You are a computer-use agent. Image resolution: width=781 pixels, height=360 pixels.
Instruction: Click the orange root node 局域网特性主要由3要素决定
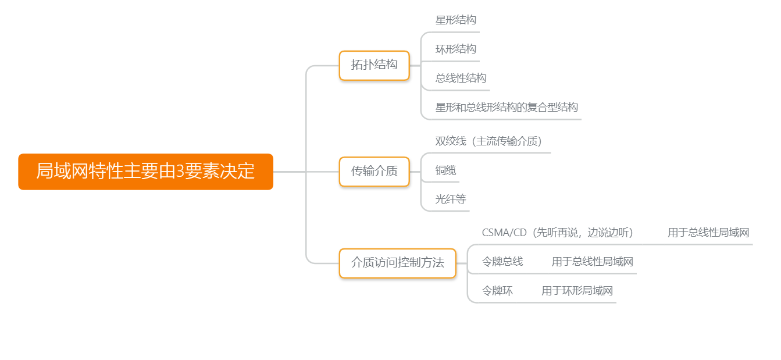(x=145, y=172)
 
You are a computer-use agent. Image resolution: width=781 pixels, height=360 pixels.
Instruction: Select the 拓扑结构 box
(x=374, y=65)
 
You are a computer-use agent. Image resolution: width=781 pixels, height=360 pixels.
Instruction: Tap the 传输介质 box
(x=374, y=172)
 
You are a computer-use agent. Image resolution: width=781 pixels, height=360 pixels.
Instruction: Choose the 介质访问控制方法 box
(x=397, y=263)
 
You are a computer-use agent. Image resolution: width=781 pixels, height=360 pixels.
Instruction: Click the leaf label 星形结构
(x=456, y=20)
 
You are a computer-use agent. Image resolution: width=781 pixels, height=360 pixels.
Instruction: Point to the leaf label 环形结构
(x=456, y=49)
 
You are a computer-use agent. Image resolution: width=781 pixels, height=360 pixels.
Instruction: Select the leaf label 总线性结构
(x=461, y=79)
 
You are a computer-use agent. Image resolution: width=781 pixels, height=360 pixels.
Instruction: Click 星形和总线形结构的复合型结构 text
(x=507, y=108)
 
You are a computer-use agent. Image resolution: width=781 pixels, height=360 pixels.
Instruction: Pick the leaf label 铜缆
(x=445, y=170)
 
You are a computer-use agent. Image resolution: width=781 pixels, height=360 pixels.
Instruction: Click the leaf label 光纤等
(x=451, y=199)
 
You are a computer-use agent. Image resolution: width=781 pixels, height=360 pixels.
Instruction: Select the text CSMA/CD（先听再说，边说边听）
(x=557, y=233)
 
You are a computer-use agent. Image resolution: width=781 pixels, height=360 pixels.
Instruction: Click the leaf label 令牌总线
(x=502, y=262)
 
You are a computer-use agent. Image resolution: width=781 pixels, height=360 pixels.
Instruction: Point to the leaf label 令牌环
(x=497, y=291)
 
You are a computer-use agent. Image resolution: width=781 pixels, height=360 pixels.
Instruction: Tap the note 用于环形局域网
(x=577, y=291)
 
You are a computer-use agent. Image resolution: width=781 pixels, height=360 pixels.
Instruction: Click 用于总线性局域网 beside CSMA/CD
(x=708, y=233)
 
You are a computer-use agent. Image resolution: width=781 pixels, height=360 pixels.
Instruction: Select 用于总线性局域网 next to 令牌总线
(x=592, y=262)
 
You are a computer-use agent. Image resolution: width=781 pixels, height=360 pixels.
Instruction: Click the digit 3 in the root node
(x=180, y=172)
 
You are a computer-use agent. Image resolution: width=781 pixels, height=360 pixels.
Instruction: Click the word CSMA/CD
(x=504, y=233)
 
